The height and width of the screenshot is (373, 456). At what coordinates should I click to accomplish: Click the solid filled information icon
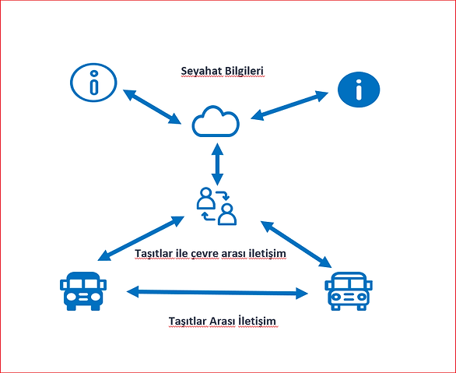pos(359,90)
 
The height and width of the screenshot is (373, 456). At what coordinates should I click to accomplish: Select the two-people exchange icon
pos(216,206)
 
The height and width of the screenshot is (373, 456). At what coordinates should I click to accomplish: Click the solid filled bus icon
pos(83,291)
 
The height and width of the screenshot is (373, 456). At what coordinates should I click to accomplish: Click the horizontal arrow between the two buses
pos(217,292)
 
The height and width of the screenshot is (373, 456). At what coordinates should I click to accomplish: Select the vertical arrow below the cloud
pos(217,164)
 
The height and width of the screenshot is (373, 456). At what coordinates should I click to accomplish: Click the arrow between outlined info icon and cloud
pos(152,107)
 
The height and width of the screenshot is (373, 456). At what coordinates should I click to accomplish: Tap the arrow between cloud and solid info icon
pos(289,105)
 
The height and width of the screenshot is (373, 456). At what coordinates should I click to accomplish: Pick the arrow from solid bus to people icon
pos(141,238)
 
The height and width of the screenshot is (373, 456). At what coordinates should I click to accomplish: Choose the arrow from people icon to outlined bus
pos(296,244)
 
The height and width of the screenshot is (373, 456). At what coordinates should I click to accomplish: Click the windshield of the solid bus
pos(83,283)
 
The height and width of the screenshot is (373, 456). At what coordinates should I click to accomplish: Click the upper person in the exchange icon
pos(206,198)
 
